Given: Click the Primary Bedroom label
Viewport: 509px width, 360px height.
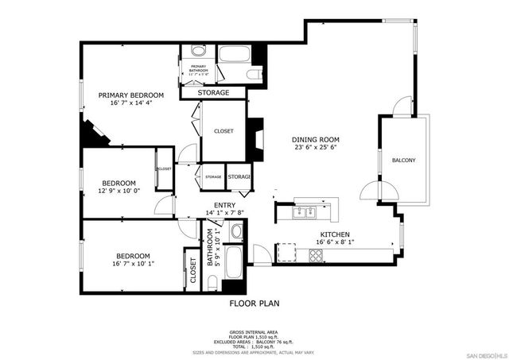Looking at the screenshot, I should click(131, 95).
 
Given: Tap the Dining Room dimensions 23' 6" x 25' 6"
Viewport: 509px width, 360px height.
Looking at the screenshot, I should click(317, 147).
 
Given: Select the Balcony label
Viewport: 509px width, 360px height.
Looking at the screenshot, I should click(403, 161).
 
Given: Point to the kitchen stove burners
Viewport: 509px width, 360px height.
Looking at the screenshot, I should click(316, 255).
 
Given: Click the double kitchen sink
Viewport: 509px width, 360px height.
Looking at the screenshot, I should click(305, 212).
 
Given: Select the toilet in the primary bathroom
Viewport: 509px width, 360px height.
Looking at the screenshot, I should click(253, 75).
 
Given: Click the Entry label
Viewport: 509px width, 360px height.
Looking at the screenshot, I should click(213, 205).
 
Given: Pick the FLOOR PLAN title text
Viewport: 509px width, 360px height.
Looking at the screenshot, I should click(254, 304).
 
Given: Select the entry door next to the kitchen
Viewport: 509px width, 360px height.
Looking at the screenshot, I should click(262, 254).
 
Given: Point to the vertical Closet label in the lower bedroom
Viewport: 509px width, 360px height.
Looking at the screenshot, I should click(192, 271).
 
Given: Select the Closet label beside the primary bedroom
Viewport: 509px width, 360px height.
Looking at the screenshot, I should click(223, 131).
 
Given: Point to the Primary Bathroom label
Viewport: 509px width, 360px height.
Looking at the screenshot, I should click(197, 68).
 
